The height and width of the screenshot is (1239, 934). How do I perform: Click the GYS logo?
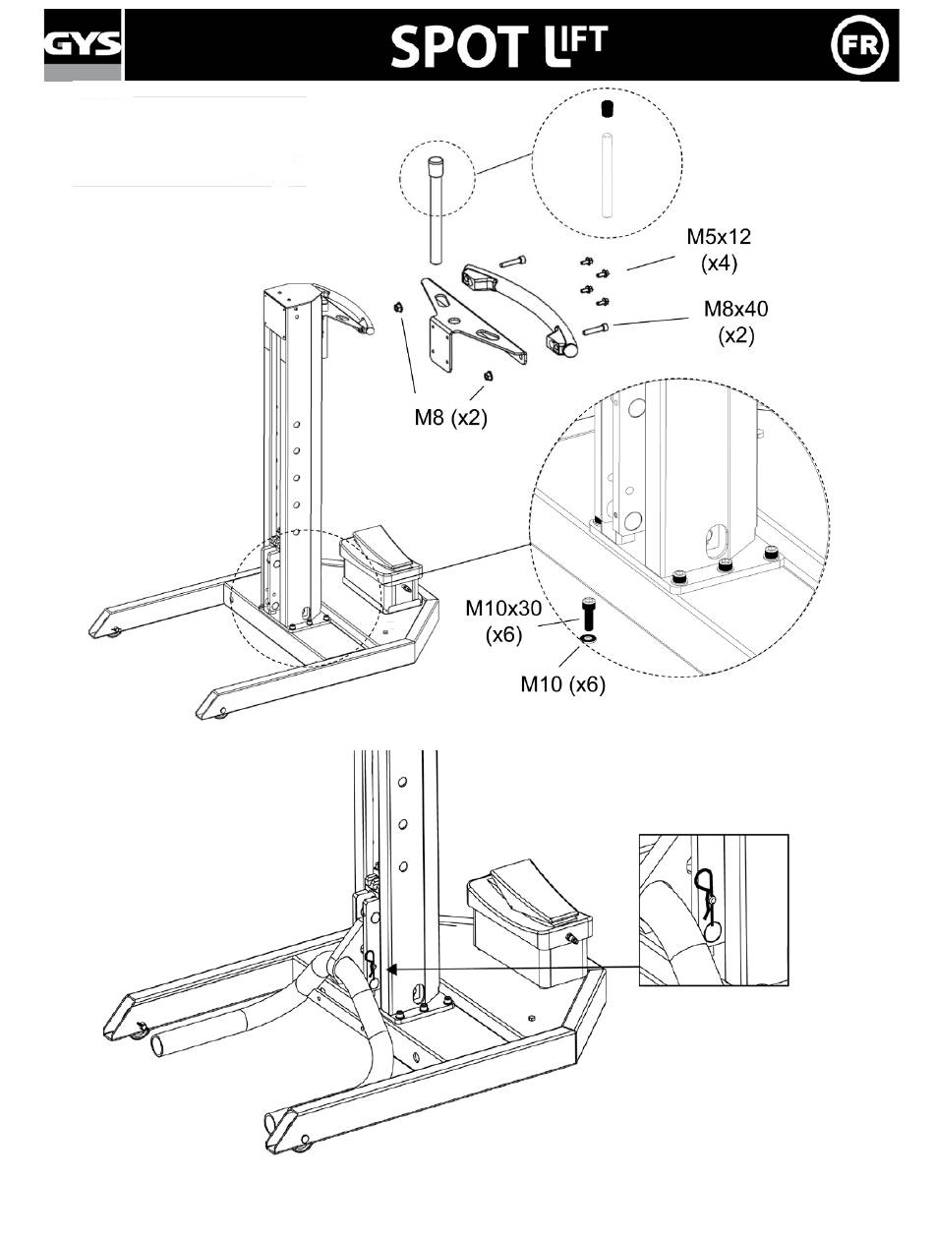(x=83, y=44)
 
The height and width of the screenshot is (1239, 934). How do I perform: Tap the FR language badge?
(x=859, y=45)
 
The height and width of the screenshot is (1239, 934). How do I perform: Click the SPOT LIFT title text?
(x=498, y=45)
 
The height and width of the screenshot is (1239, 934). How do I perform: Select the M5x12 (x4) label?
(x=719, y=250)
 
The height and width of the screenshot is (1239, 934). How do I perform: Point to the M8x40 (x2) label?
(x=735, y=322)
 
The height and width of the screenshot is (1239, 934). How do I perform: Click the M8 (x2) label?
(x=450, y=418)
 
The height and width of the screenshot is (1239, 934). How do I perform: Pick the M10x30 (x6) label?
(x=503, y=620)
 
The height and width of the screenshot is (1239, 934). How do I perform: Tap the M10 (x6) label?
(x=562, y=684)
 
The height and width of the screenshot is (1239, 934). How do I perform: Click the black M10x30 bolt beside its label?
(x=588, y=614)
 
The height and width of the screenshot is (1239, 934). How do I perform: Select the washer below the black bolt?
(x=588, y=638)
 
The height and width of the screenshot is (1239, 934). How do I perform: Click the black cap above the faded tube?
(x=607, y=109)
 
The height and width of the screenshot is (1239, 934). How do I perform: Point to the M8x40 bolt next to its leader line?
(x=595, y=328)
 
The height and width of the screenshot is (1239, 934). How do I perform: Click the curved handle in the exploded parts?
(x=520, y=308)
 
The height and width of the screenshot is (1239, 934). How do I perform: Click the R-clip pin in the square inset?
(x=708, y=907)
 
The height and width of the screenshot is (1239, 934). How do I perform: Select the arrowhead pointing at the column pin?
(x=393, y=970)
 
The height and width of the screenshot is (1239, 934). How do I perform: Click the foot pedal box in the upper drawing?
(x=380, y=569)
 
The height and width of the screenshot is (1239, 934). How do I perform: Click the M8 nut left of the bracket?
(x=397, y=307)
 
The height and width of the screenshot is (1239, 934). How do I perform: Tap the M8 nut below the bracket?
(x=487, y=376)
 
